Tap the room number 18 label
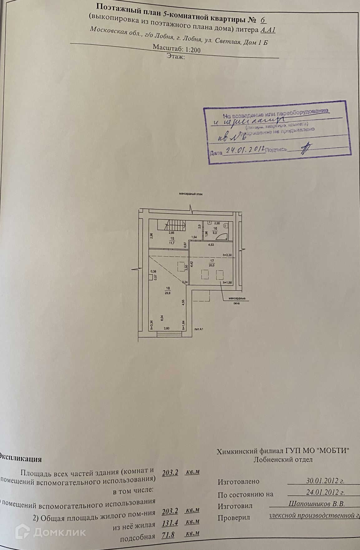(x=168, y=289)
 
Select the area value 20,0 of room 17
(x=212, y=265)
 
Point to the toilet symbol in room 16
(x=226, y=225)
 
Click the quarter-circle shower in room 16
(x=222, y=236)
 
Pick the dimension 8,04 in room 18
(x=162, y=318)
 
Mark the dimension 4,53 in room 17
(x=211, y=245)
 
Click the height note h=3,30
(x=228, y=255)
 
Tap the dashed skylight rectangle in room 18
(x=181, y=267)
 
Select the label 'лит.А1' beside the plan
(x=198, y=329)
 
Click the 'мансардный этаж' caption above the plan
(x=191, y=194)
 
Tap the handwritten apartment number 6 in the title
(x=263, y=20)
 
